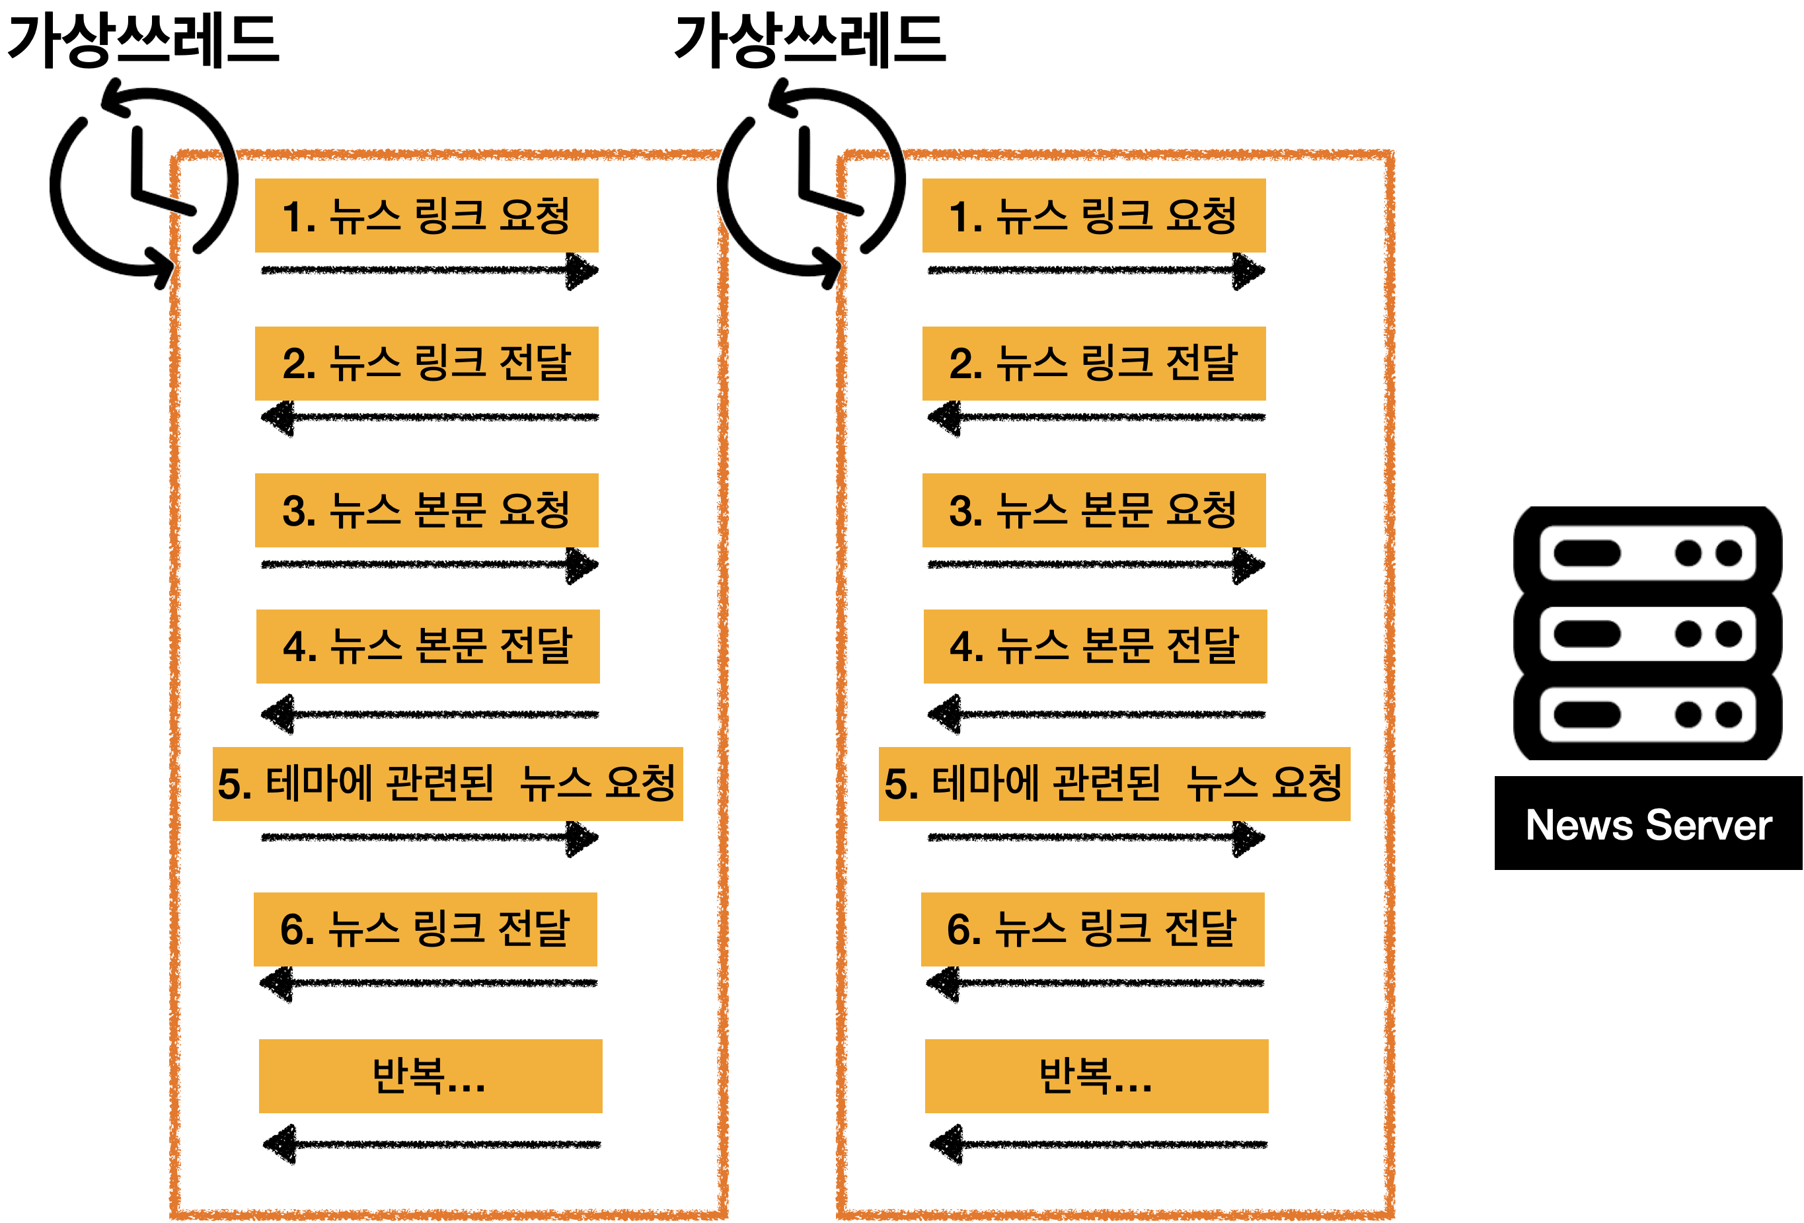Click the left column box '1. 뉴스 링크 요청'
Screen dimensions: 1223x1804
tap(426, 215)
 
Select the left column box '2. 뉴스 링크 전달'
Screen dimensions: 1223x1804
tap(426, 364)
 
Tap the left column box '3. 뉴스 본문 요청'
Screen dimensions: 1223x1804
tap(426, 510)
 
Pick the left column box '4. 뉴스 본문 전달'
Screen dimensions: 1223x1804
tap(428, 646)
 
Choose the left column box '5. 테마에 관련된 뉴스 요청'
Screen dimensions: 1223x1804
tap(447, 783)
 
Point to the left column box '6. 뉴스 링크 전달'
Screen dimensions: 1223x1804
tap(426, 929)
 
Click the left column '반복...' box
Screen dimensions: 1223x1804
tap(430, 1076)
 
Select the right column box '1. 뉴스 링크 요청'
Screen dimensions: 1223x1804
tap(1093, 215)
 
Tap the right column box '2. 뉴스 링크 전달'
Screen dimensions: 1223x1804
tap(1093, 364)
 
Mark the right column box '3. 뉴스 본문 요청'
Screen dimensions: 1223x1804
tap(1093, 510)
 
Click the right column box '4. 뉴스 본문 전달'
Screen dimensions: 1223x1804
tap(1094, 646)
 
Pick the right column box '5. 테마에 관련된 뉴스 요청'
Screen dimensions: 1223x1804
tap(1114, 783)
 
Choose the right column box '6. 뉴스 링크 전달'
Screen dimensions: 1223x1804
tap(1092, 929)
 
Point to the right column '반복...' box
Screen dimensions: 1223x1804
tap(1096, 1076)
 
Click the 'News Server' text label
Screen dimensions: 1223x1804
tap(1648, 824)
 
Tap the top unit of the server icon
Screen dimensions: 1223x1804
tap(1647, 553)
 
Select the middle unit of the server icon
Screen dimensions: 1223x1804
tap(1647, 633)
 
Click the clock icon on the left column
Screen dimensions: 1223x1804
tap(144, 183)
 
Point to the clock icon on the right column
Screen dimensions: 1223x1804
tap(811, 183)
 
